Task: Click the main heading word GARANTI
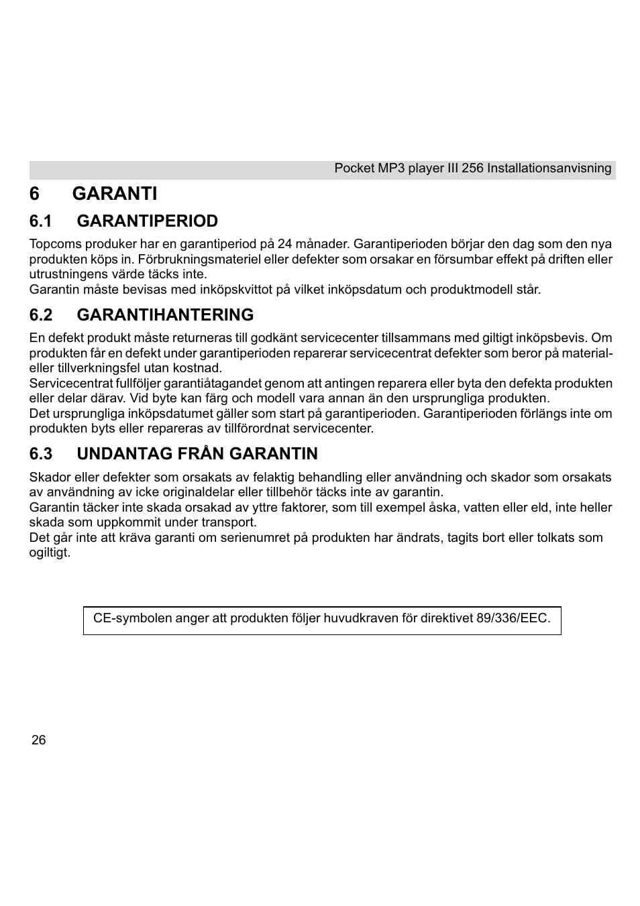point(114,194)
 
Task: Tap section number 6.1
point(41,221)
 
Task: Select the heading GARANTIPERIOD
point(147,221)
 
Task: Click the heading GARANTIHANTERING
point(165,315)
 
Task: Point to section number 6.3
point(41,454)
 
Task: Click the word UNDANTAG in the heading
point(114,454)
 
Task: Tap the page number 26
point(39,740)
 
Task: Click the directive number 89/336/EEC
point(513,618)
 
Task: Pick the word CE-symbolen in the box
point(132,618)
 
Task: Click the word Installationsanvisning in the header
point(549,168)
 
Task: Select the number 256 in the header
point(472,168)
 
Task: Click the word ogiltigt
point(49,553)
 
